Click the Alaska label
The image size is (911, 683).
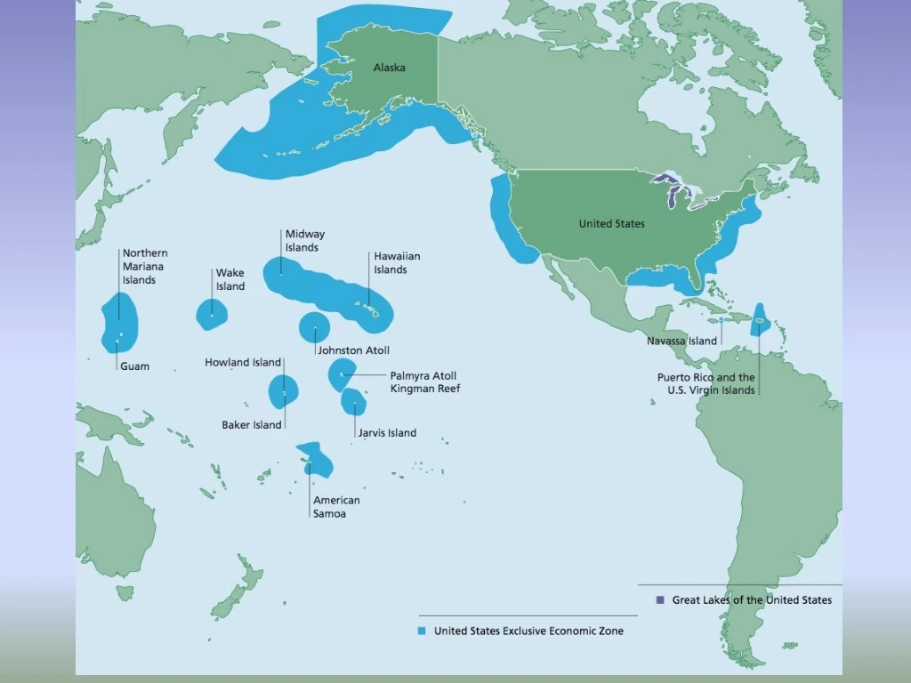point(390,68)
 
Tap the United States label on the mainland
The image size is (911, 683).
point(611,223)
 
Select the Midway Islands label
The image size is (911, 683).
point(304,241)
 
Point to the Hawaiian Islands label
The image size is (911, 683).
point(397,263)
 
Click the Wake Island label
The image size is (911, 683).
point(230,280)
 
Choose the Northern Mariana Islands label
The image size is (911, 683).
point(144,267)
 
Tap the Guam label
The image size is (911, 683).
point(134,366)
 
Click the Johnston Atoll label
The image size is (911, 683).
point(353,350)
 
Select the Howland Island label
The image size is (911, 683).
point(243,363)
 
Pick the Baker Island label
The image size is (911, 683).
point(252,425)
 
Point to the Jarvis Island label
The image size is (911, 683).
point(387,433)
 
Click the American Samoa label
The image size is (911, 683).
point(336,507)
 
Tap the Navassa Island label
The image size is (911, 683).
point(681,341)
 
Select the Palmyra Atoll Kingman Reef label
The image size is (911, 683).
point(424,382)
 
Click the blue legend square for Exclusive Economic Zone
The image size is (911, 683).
point(423,631)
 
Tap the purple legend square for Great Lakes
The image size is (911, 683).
point(660,600)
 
